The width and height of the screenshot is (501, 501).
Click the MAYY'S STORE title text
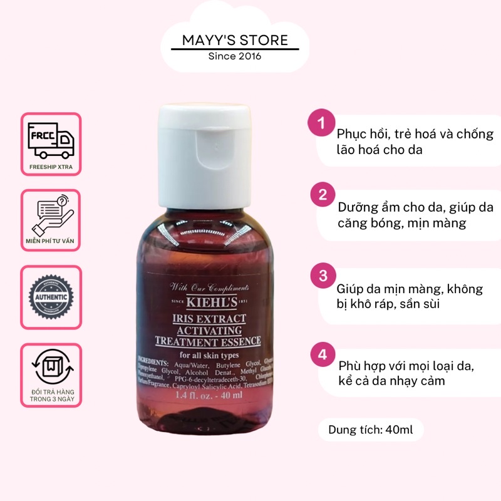pos(235,41)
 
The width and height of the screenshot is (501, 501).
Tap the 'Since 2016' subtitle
pos(235,56)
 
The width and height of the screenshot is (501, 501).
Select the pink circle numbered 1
pos(323,123)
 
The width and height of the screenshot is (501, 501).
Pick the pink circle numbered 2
pos(323,195)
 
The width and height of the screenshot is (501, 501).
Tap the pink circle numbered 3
pos(323,276)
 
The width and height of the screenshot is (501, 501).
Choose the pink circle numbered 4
pos(323,355)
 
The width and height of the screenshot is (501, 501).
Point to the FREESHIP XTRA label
pos(51,167)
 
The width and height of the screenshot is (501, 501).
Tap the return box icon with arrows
pos(51,366)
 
